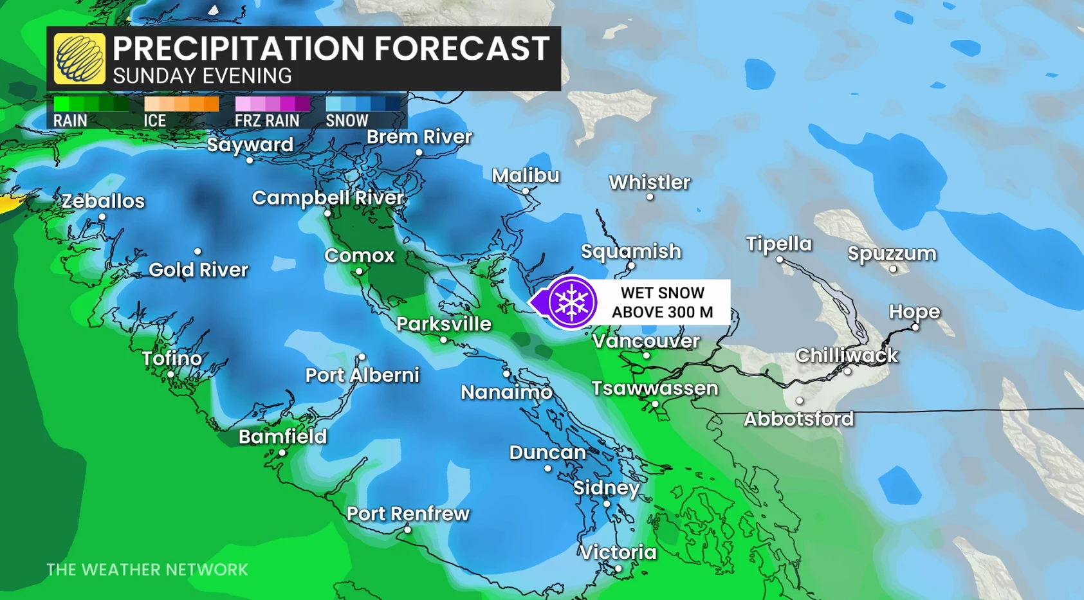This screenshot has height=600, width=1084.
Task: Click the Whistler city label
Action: pos(649,183)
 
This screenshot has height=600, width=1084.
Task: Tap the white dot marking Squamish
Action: pos(631,266)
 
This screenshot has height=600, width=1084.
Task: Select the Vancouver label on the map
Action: pos(646,341)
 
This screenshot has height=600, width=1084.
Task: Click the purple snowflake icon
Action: pos(571,302)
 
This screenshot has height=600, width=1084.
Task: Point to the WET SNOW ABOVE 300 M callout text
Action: pos(662,302)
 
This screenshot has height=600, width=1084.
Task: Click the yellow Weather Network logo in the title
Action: pos(79,59)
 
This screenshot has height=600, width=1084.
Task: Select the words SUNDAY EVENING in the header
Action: pos(202,76)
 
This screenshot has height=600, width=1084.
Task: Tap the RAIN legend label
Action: pos(70,120)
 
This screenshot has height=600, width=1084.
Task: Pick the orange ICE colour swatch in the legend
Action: pos(181,104)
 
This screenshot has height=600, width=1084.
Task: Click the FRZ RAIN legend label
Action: pos(267,120)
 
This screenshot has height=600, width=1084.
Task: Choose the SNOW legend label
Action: pos(347,120)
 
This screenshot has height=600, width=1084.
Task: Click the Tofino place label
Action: pos(172,358)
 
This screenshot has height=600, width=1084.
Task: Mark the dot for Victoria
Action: pos(618,568)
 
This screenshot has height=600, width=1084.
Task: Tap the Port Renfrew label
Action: pos(408,514)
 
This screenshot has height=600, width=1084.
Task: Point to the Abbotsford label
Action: pos(798,419)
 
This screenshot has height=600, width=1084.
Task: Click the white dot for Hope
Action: pos(915,327)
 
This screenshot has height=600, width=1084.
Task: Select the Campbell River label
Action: pos(328,198)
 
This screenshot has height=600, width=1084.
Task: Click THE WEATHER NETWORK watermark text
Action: pos(147,570)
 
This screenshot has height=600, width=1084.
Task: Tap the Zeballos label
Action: pos(103,201)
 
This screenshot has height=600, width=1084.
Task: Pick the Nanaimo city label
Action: pos(506,392)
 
